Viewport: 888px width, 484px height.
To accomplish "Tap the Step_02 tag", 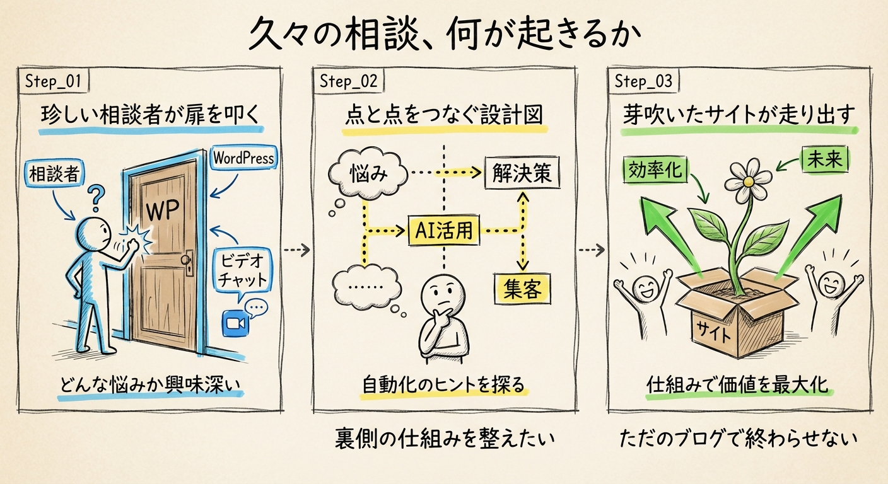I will [x=349, y=81].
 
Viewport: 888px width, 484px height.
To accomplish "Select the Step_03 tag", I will [x=643, y=81].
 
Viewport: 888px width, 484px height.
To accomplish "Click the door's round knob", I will [x=186, y=259].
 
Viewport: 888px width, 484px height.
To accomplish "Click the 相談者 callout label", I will [x=54, y=174].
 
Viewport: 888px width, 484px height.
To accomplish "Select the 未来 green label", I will [x=825, y=161].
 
